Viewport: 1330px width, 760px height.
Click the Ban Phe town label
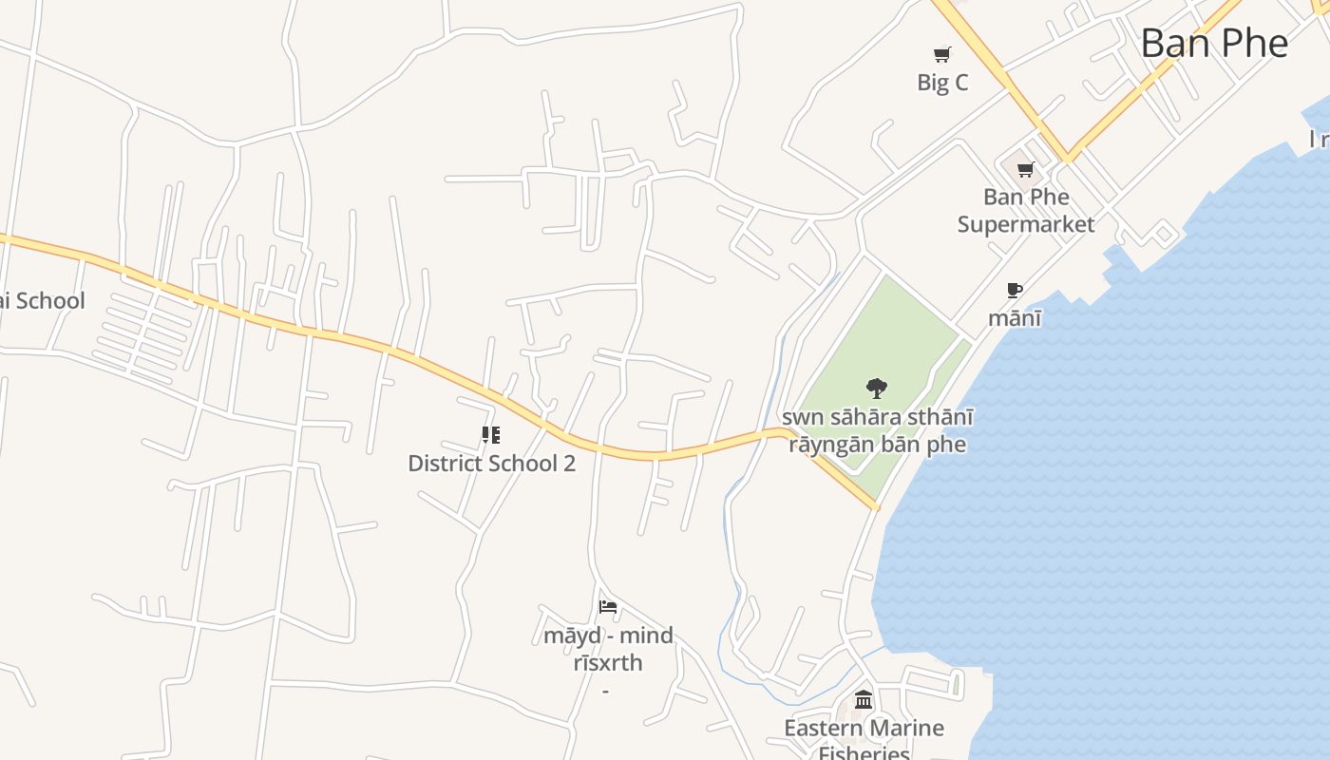[x=1214, y=43]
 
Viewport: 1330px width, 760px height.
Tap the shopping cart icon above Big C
[x=941, y=54]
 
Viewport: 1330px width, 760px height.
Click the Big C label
[x=942, y=83]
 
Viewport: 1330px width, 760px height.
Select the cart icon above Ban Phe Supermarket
[x=1025, y=170]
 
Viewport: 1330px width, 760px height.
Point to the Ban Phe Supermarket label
[x=1026, y=210]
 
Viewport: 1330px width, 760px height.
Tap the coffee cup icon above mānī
[x=1014, y=290]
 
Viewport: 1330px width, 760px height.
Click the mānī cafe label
[x=1014, y=317]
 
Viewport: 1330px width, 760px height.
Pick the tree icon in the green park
[x=876, y=388]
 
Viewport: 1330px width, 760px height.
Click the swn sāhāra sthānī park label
[x=877, y=430]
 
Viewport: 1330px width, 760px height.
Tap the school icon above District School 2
[x=491, y=435]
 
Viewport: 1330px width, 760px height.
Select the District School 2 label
[x=491, y=464]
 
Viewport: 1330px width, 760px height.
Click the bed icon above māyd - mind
[x=608, y=607]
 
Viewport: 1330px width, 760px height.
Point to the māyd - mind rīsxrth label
[x=608, y=649]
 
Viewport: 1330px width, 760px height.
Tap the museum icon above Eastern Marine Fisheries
[x=864, y=700]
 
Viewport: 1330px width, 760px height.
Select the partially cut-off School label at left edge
[x=42, y=301]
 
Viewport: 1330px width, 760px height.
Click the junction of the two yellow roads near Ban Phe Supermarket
[x=1067, y=157]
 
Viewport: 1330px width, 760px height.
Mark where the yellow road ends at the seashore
[x=875, y=507]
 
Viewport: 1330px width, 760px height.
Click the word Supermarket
[x=1026, y=224]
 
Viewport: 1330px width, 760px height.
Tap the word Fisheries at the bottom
[x=864, y=752]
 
